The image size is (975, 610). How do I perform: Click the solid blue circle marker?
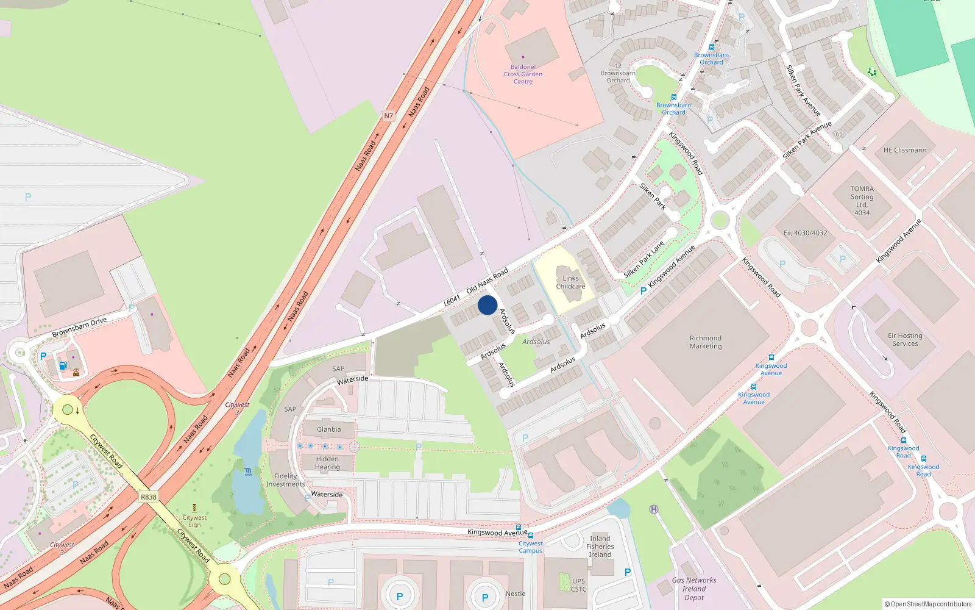(487, 305)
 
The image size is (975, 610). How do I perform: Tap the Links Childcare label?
(570, 282)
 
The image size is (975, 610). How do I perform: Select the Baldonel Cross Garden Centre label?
(523, 74)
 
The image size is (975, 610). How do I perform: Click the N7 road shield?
(389, 116)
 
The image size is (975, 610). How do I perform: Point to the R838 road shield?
(149, 497)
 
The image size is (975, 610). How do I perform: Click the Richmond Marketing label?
(706, 342)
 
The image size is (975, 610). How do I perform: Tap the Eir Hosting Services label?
(905, 340)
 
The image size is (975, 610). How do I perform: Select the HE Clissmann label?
(905, 150)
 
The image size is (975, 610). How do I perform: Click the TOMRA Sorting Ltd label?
(862, 201)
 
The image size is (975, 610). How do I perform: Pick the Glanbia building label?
(328, 429)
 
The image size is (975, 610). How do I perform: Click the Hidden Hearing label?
(327, 463)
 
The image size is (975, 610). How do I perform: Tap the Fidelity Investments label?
(285, 480)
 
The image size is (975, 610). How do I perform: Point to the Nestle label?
(516, 594)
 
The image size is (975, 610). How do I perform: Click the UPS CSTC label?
(578, 585)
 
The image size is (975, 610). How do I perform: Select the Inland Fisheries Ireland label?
(600, 547)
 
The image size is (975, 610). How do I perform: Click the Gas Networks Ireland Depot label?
(694, 589)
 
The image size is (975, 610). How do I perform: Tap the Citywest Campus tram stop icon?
(531, 536)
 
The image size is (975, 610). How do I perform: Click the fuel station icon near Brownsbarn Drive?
(62, 366)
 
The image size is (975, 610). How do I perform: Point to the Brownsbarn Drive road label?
(79, 328)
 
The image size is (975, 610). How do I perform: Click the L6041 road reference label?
(452, 300)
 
